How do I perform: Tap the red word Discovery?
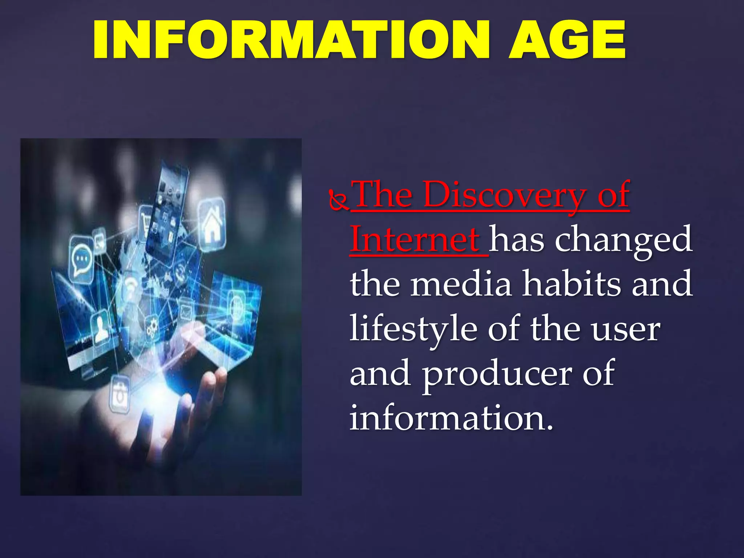click(505, 195)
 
